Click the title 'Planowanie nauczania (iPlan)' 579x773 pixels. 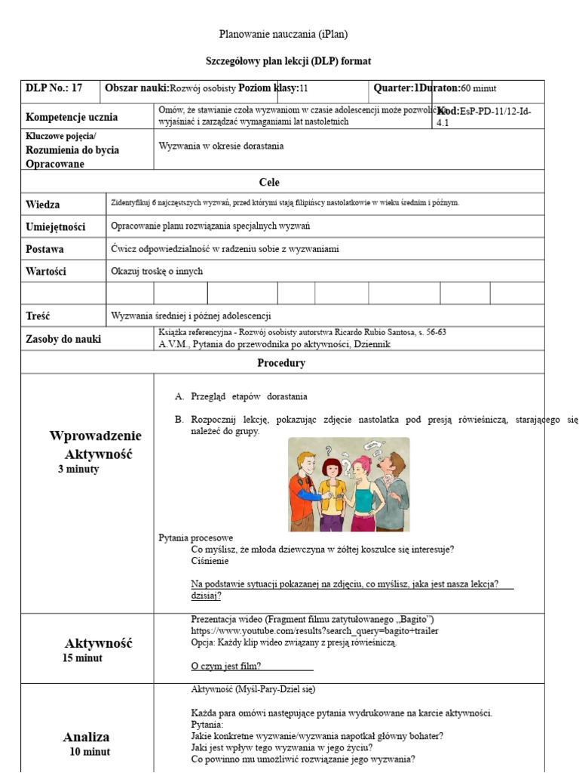coord(283,34)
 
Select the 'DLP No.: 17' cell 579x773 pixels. coord(54,88)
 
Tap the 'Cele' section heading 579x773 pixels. coord(269,182)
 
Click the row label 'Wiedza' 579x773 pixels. coord(43,205)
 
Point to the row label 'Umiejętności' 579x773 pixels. coord(56,226)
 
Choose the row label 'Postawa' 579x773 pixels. coord(44,249)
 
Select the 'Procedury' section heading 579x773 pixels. coord(281,363)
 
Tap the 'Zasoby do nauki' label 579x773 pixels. coord(63,340)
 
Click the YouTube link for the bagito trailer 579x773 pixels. coord(314,631)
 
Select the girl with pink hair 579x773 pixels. coord(362,491)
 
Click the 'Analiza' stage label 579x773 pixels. coord(86,737)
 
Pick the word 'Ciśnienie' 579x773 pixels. coord(210,561)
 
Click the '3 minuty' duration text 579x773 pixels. coord(78,470)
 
